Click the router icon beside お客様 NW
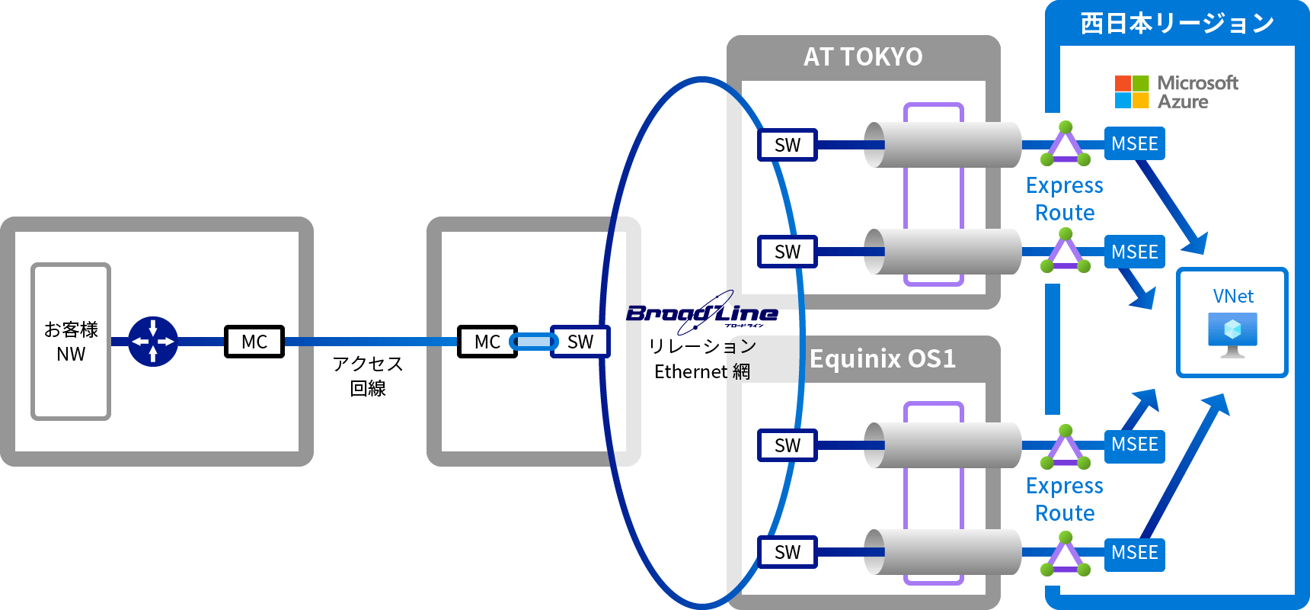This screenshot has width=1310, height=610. tap(153, 342)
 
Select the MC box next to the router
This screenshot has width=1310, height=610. tap(254, 342)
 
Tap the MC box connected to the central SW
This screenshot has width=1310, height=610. tap(487, 342)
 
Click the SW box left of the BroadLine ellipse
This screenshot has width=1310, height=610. tap(580, 342)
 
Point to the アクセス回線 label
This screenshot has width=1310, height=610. tap(368, 376)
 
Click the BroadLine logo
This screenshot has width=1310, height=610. tap(701, 313)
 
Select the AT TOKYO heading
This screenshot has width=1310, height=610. tap(863, 57)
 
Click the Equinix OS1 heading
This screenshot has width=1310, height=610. tap(882, 359)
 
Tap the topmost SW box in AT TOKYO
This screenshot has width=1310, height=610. tap(788, 145)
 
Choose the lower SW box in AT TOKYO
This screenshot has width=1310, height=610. tap(788, 252)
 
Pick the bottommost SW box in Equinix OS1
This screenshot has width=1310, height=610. tap(788, 552)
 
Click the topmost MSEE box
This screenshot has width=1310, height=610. tap(1134, 143)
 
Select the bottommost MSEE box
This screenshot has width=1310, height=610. tap(1134, 552)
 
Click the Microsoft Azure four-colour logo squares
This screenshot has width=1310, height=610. tap(1131, 92)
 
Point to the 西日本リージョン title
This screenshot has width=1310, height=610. tap(1177, 24)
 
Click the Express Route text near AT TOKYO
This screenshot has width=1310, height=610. tap(1065, 199)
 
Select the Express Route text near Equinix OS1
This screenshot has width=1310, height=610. tap(1065, 499)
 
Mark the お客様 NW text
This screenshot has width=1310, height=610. tap(71, 342)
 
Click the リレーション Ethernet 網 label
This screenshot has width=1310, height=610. tap(702, 359)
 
